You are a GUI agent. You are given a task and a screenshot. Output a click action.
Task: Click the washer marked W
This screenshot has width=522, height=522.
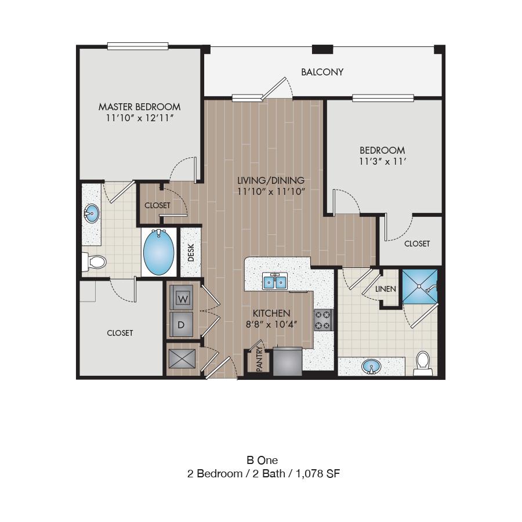click(x=182, y=298)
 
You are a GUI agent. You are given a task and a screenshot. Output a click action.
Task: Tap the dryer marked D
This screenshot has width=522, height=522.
click(x=182, y=324)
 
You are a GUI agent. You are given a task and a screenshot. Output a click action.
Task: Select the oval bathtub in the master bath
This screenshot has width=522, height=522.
click(x=158, y=252)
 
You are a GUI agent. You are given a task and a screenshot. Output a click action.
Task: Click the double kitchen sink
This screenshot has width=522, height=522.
click(x=275, y=281)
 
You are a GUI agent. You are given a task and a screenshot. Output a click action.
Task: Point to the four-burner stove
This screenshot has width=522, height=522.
click(x=324, y=320)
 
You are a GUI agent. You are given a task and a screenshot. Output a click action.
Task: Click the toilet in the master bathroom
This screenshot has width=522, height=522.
click(x=94, y=262)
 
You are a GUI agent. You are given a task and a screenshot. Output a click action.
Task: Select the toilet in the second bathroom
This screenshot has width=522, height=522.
click(x=423, y=363)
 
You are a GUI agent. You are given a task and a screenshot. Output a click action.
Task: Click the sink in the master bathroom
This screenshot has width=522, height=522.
click(x=91, y=213)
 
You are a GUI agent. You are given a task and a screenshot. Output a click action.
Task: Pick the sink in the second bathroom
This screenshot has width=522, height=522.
click(x=372, y=367)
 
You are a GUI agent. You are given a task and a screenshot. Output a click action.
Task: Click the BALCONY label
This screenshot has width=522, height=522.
click(x=322, y=72)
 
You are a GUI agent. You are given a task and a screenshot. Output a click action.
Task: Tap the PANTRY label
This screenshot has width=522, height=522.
click(x=260, y=359)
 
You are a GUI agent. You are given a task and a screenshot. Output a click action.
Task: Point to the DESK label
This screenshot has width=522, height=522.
click(x=191, y=252)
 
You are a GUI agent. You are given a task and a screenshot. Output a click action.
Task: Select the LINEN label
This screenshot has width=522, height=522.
click(x=386, y=289)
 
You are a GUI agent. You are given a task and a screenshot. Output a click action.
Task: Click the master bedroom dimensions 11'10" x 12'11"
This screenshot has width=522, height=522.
click(x=140, y=118)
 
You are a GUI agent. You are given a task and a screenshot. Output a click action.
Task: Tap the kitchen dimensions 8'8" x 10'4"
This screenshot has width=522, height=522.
click(x=271, y=324)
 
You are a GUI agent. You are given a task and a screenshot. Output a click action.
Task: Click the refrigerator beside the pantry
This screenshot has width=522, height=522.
click(x=288, y=361)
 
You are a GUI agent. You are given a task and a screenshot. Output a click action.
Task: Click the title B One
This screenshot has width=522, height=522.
click(x=262, y=460)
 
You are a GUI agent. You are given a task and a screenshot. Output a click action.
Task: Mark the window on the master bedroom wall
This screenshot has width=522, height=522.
click(x=137, y=46)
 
